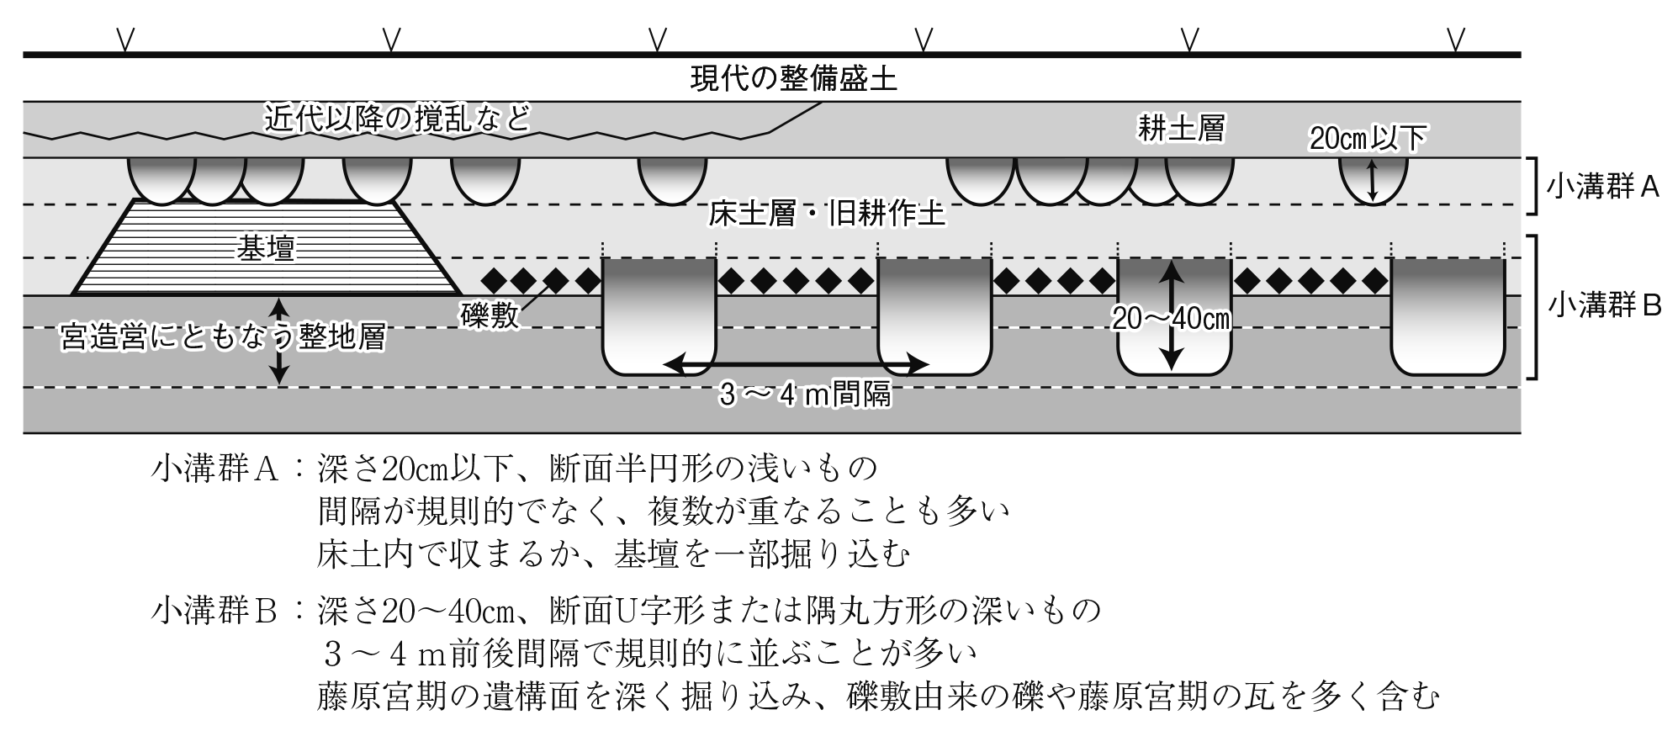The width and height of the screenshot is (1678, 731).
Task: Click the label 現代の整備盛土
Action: pos(793,79)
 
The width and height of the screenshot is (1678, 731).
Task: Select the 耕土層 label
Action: pos(1181,128)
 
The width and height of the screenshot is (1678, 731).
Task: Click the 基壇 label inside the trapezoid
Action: pos(266,248)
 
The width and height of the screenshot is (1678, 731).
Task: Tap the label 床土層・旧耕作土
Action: pos(827,214)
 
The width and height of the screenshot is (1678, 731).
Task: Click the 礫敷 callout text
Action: pos(490,316)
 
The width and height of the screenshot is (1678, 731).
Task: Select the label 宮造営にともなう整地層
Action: pos(223,337)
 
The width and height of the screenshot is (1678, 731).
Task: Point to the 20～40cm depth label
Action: pos(1172,319)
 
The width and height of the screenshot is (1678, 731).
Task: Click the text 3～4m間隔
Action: pos(804,394)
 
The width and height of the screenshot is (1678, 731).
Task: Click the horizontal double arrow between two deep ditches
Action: pos(796,364)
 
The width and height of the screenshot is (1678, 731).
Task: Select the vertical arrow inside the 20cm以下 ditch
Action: pos(1373,182)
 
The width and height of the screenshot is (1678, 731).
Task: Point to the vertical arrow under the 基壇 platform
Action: pos(280,341)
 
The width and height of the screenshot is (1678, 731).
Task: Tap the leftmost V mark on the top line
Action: pos(125,39)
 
